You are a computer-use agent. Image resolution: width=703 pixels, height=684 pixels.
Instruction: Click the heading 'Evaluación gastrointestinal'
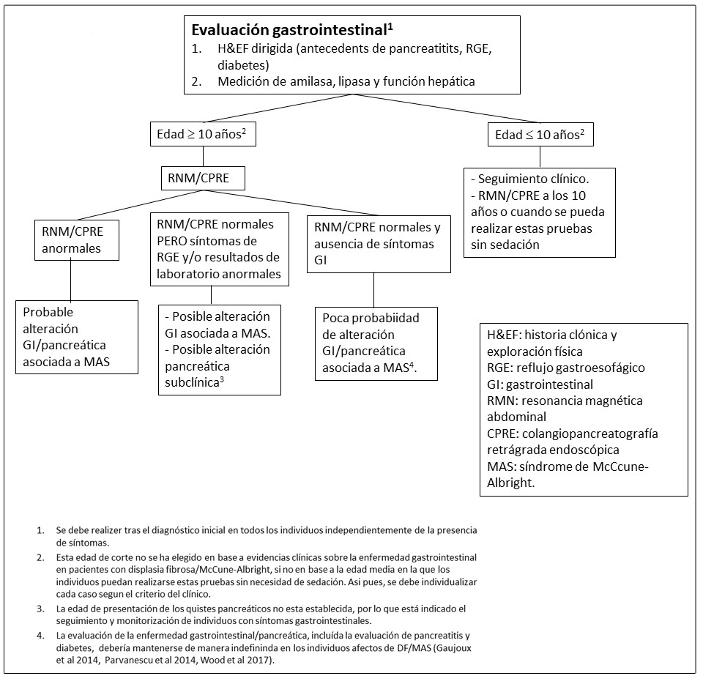pyautogui.click(x=289, y=31)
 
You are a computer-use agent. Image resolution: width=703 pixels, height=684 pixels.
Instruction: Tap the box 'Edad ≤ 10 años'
pyautogui.click(x=540, y=135)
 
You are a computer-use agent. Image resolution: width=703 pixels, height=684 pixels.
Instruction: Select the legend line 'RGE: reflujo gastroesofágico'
pyautogui.click(x=565, y=367)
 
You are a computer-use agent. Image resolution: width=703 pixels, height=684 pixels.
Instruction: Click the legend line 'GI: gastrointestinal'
pyautogui.click(x=540, y=384)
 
